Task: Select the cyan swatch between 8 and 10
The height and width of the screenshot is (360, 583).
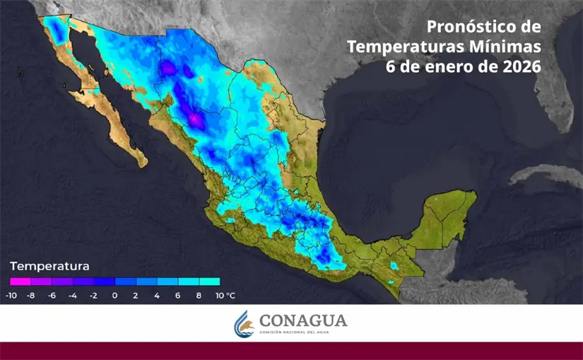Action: tap(210, 281)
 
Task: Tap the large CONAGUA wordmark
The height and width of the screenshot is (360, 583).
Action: tap(303, 320)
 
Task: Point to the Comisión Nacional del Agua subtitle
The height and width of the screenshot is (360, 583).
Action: tap(303, 332)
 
